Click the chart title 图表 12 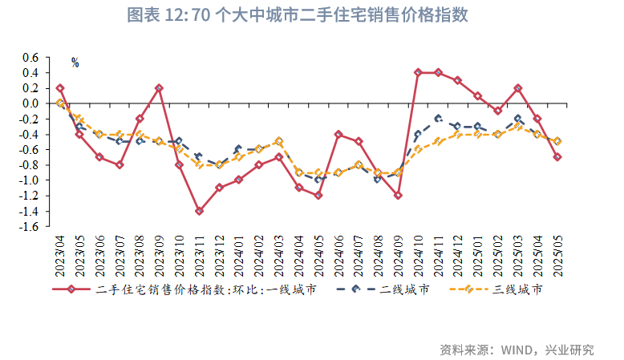298,16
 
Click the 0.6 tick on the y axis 30,58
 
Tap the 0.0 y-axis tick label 30,103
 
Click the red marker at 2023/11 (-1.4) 199,211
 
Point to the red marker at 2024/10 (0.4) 418,72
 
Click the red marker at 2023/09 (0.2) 159,88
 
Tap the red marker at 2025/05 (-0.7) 557,157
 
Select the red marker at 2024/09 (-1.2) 398,195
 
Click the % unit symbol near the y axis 75,63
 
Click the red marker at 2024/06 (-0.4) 338,134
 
